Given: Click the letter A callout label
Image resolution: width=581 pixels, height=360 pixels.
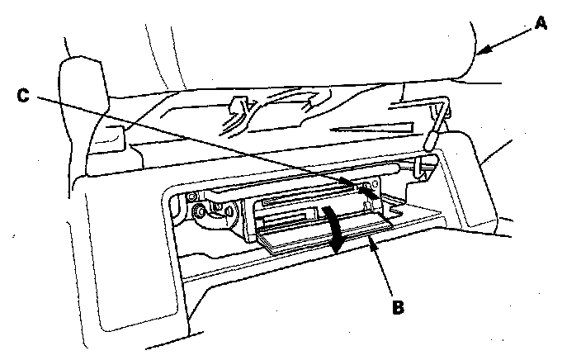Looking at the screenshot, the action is (x=541, y=23).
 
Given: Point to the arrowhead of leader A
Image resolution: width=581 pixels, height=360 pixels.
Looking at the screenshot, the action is (x=483, y=54).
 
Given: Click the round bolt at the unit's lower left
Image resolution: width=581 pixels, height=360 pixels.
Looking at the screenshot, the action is (x=199, y=217).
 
